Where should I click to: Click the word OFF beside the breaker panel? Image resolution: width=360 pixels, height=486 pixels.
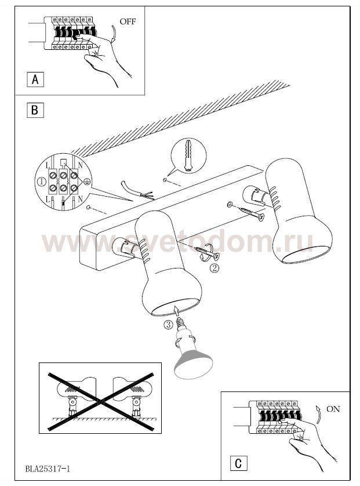pyautogui.click(x=128, y=21)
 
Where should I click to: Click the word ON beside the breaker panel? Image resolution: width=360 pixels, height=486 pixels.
pyautogui.click(x=333, y=409)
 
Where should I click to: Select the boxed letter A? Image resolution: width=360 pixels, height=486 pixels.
pyautogui.click(x=35, y=79)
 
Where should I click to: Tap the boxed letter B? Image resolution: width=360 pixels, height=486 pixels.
pyautogui.click(x=35, y=110)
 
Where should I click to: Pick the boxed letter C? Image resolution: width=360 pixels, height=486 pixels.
pyautogui.click(x=239, y=463)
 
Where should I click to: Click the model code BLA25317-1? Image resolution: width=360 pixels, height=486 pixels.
pyautogui.click(x=48, y=469)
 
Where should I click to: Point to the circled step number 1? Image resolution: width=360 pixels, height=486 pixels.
pyautogui.click(x=42, y=182)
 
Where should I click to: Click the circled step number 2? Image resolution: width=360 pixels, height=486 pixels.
pyautogui.click(x=214, y=267)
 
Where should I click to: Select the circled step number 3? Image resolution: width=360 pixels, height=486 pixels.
pyautogui.click(x=168, y=325)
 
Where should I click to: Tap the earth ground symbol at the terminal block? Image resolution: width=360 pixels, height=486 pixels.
pyautogui.click(x=87, y=182)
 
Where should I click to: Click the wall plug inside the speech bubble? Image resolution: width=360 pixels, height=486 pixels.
pyautogui.click(x=188, y=155)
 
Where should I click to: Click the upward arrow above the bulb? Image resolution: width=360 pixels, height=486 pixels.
pyautogui.click(x=176, y=311)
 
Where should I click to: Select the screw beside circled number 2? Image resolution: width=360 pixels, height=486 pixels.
pyautogui.click(x=207, y=253)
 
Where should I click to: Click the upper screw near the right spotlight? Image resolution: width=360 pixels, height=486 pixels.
pyautogui.click(x=251, y=213)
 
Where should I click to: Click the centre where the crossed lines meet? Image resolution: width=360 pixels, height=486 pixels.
pyautogui.click(x=100, y=402)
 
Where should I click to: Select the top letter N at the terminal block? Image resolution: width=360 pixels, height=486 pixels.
pyautogui.click(x=81, y=165)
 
